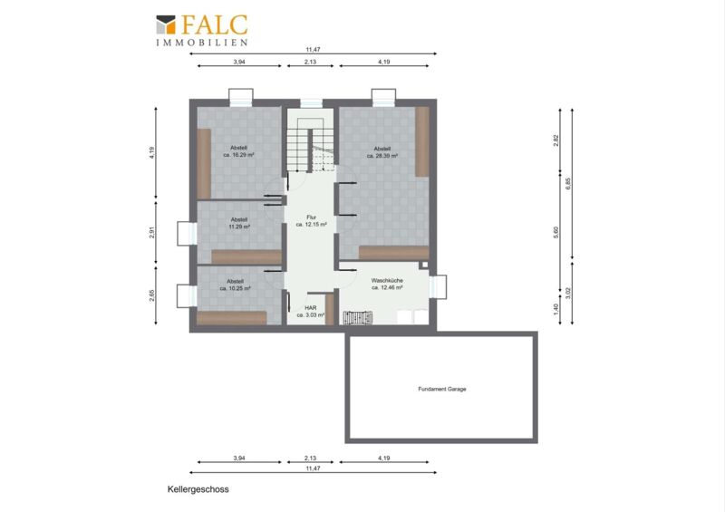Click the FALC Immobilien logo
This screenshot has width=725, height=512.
201,31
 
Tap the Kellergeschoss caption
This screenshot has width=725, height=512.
198,489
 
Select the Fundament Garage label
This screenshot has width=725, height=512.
442,389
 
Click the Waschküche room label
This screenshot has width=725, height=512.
387,284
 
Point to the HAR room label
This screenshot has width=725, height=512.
311,311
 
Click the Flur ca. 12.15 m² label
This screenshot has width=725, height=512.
311,220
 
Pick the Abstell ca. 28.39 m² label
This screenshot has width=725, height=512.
382,152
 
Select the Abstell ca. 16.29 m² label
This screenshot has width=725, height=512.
238,151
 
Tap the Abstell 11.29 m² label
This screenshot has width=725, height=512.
239,224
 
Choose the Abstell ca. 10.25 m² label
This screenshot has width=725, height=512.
235,285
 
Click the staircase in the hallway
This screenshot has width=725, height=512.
310,145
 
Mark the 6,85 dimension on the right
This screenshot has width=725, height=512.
568,184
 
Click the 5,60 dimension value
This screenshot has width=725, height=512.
556,232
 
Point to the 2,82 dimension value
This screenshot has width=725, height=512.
556,140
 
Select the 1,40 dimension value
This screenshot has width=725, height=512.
556,307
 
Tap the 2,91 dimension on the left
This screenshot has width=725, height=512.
152,232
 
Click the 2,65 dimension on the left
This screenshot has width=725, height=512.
152,295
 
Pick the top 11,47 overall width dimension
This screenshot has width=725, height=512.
313,50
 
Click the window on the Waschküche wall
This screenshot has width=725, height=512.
438,287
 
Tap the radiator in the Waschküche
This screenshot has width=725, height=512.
358,317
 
